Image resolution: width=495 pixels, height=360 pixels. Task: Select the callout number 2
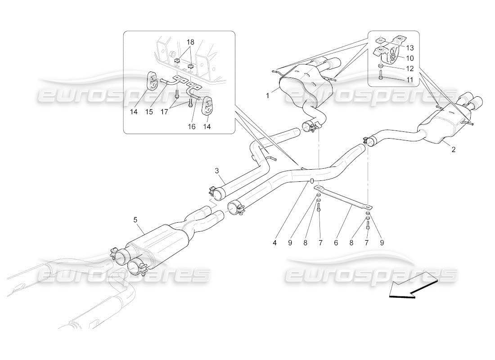tap(453, 149)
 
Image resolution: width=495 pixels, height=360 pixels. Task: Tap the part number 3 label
tap(216, 171)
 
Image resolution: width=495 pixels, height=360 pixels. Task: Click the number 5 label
tap(135, 220)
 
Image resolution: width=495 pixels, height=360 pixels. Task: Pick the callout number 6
tap(336, 243)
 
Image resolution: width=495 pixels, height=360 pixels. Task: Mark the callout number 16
tap(192, 127)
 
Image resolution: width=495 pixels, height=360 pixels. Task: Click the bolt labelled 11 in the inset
tap(380, 78)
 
